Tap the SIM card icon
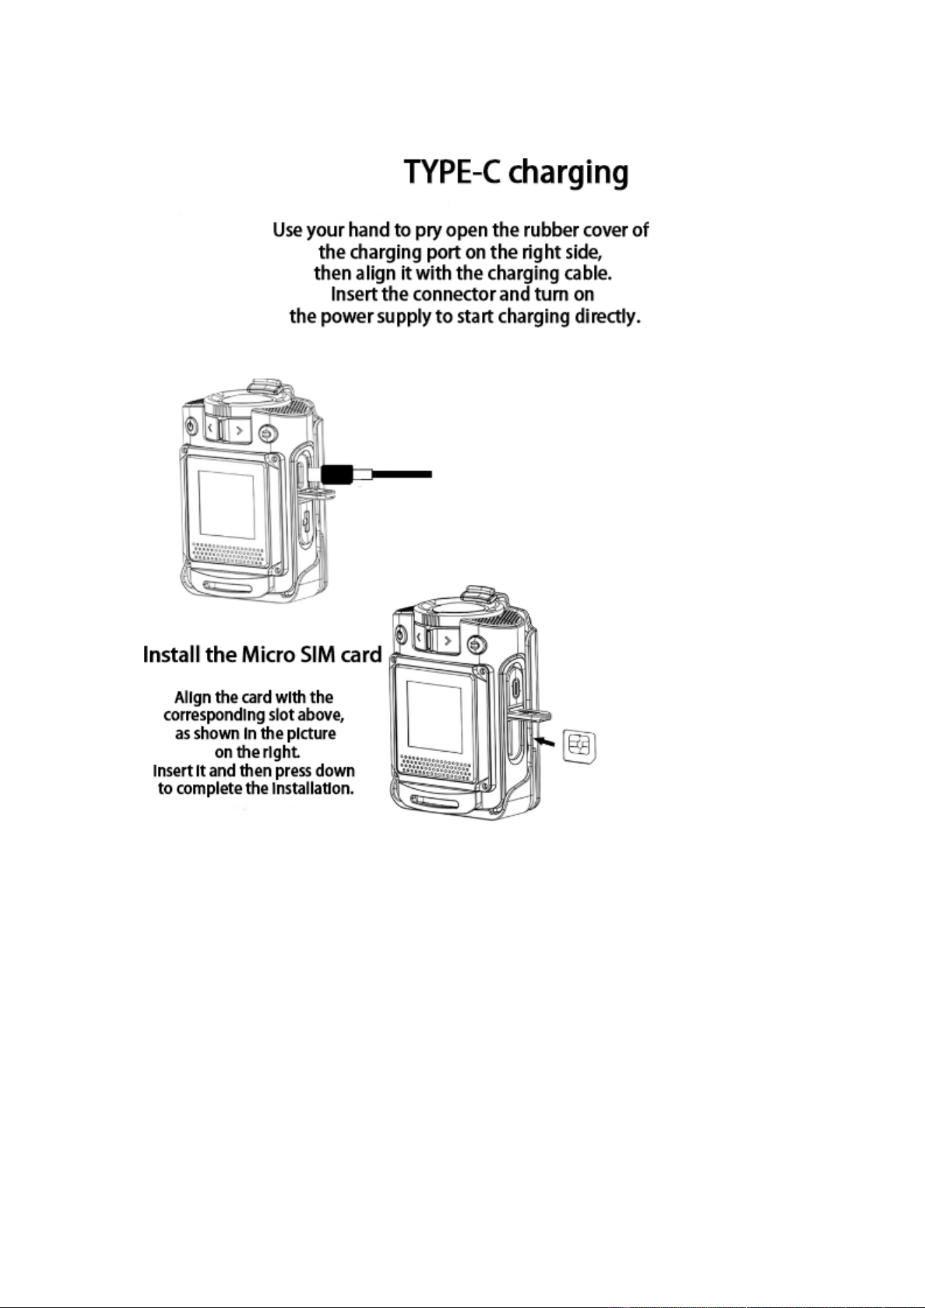[x=578, y=747]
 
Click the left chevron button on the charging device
[x=211, y=428]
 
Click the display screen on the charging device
[x=226, y=504]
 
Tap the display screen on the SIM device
[x=435, y=716]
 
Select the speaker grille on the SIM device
[x=438, y=767]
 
